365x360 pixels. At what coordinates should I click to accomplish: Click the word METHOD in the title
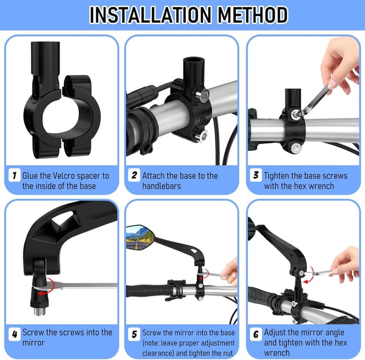point(253,15)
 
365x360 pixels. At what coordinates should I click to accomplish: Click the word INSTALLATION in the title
point(150,15)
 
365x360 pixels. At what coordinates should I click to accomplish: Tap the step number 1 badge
point(14,175)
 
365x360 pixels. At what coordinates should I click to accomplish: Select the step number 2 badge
point(134,175)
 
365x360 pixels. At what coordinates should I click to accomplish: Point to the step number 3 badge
point(256,175)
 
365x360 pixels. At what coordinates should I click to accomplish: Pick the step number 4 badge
point(14,334)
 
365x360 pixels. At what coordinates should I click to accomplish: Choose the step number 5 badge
point(134,334)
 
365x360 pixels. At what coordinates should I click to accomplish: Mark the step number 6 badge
point(256,334)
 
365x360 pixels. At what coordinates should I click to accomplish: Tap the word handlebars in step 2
point(161,186)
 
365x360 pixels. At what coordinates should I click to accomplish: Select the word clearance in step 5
point(159,353)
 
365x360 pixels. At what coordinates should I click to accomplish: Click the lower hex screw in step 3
point(295,148)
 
